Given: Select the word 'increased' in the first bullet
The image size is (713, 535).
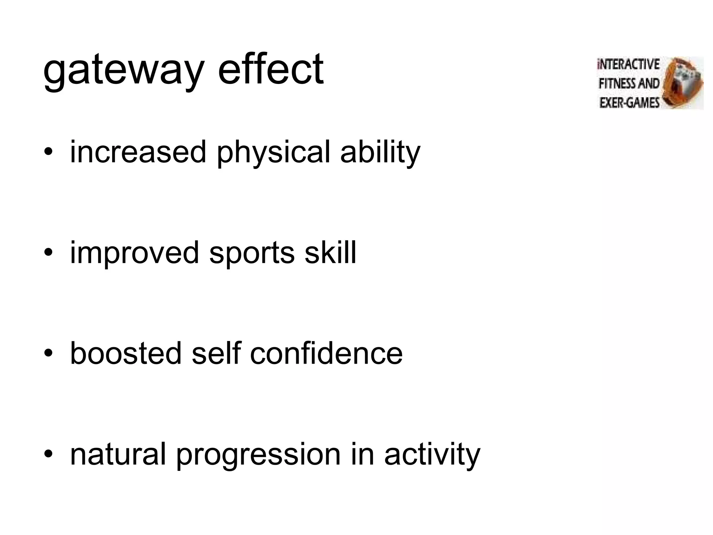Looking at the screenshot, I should pyautogui.click(x=138, y=152).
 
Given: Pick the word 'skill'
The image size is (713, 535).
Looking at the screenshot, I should pyautogui.click(x=330, y=252).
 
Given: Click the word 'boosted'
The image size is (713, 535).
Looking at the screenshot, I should pyautogui.click(x=126, y=353).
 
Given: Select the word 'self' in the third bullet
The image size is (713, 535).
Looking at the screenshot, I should pyautogui.click(x=216, y=353).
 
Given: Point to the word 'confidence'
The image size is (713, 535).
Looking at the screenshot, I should pyautogui.click(x=326, y=353).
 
